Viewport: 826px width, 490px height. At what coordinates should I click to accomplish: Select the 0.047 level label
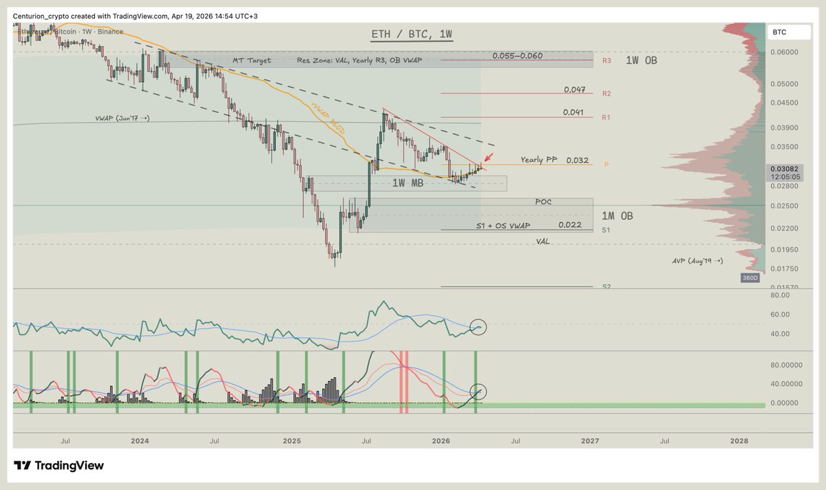coord(574,90)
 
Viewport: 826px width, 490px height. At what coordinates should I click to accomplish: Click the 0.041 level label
coord(574,112)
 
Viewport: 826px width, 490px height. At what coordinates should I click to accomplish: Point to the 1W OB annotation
coord(641,61)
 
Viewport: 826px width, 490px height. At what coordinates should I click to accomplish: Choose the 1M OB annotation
coord(618,215)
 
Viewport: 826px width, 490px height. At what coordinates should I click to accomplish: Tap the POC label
coord(543,202)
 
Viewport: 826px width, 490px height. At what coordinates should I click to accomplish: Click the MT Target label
coord(251,61)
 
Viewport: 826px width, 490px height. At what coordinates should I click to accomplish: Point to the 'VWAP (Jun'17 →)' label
coord(123,119)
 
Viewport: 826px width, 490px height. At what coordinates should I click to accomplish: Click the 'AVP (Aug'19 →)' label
coord(697,262)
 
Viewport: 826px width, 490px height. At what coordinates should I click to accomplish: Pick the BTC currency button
coord(780,32)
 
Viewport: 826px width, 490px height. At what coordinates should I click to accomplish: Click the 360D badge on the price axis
coord(750,278)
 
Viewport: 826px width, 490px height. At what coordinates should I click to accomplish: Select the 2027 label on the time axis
coord(589,440)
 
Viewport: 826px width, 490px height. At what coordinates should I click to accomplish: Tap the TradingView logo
coord(59,466)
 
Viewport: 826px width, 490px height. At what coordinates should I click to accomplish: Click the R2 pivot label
coord(606,94)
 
